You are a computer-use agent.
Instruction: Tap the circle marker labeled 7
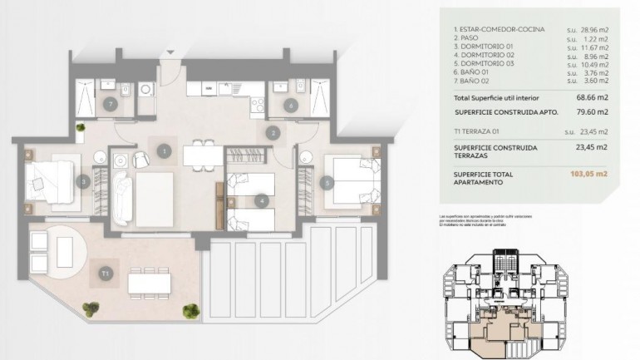point(110,104)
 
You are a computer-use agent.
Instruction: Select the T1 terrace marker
point(106,272)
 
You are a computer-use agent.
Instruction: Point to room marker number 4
point(261,200)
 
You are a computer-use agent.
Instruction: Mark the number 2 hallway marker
point(272,131)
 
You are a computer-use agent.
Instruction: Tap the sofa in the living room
point(122,193)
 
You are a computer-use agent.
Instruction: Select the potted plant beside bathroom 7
point(81,127)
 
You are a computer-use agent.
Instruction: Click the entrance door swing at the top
point(169,52)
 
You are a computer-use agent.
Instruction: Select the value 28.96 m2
point(598,30)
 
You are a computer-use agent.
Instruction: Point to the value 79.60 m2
point(596,111)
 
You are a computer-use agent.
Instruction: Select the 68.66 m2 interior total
point(596,96)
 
